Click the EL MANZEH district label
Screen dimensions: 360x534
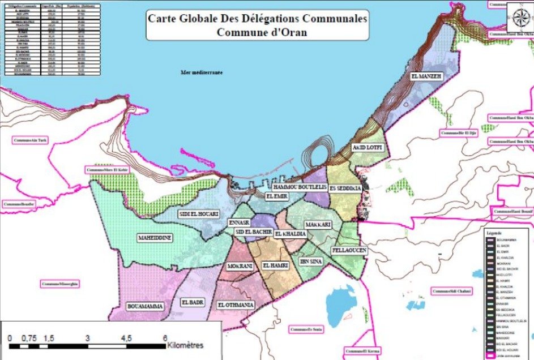click(x=426, y=76)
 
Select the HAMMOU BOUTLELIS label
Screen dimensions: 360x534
click(x=300, y=187)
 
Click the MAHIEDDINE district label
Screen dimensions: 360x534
click(x=155, y=238)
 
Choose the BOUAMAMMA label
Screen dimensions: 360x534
click(x=146, y=306)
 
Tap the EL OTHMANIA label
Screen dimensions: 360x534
click(x=236, y=305)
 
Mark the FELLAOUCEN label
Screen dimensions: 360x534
click(x=349, y=250)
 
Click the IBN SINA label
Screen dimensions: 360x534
click(x=311, y=262)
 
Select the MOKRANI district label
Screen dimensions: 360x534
click(x=239, y=266)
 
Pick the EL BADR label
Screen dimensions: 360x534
click(x=192, y=302)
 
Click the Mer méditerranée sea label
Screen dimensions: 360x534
click(x=201, y=72)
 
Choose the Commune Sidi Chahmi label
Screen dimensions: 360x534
click(x=451, y=291)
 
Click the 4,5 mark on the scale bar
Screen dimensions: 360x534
click(x=126, y=338)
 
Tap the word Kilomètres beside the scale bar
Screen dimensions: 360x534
click(x=185, y=345)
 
